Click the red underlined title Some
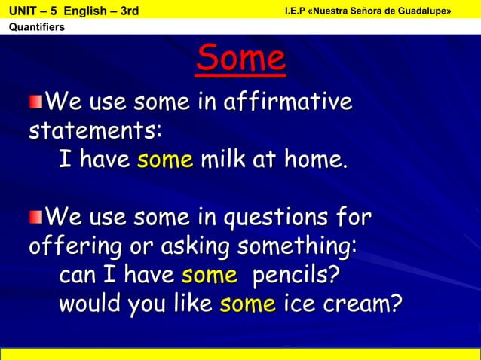(240, 60)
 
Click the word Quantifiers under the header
(36, 28)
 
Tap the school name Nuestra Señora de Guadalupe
(385, 10)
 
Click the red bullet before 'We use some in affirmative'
(35, 101)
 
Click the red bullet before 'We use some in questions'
(35, 218)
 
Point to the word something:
(298, 248)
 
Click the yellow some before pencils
(209, 276)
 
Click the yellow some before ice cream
(247, 304)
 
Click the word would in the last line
(89, 304)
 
